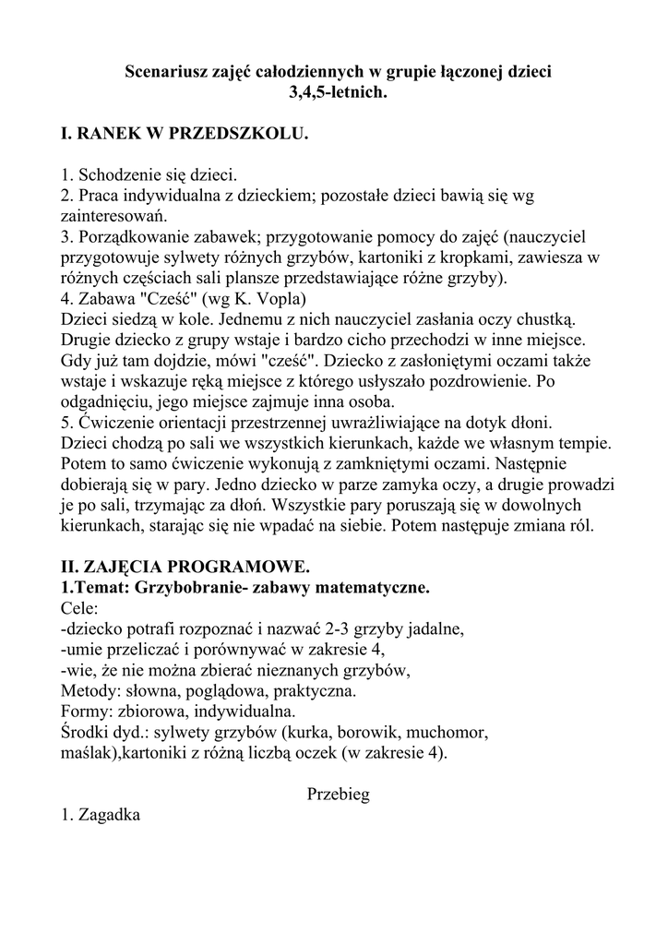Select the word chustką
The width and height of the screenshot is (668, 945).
543,319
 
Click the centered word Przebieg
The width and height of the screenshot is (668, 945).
338,795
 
